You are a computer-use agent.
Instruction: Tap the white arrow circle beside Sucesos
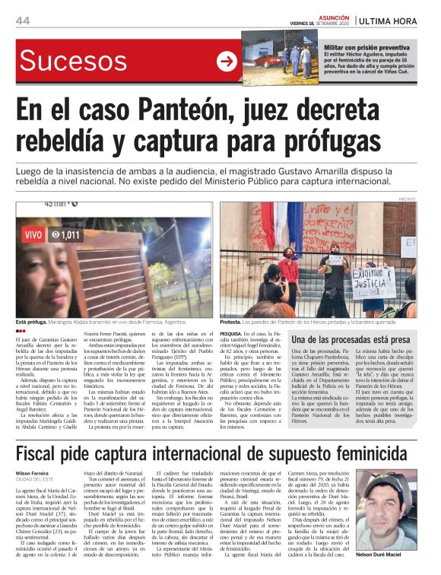[227, 61]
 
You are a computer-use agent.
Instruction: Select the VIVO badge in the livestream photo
[33, 236]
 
